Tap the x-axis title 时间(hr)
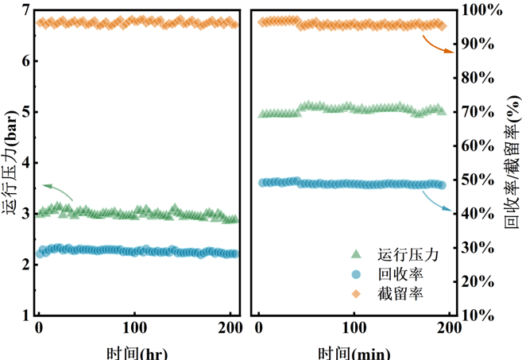136,352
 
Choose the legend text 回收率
400,274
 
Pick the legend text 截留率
400,293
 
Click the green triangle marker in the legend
356,254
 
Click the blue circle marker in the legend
356,274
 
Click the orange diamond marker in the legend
356,293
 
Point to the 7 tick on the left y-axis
25,10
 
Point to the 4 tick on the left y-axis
25,163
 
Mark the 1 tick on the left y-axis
25,315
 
